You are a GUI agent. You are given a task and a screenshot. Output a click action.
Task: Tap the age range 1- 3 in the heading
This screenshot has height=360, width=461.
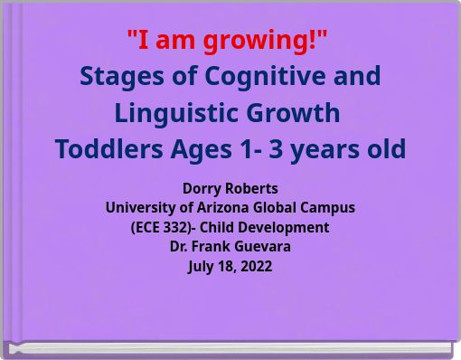tap(270, 149)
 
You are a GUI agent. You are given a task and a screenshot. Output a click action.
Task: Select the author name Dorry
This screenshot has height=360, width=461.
tap(200, 188)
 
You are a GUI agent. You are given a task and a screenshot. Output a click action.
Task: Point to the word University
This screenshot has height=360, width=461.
tap(137, 207)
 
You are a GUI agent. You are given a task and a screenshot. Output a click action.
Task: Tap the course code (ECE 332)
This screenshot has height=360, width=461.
tap(165, 227)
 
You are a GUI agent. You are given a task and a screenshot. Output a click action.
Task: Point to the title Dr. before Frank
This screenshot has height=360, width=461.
tap(180, 246)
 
